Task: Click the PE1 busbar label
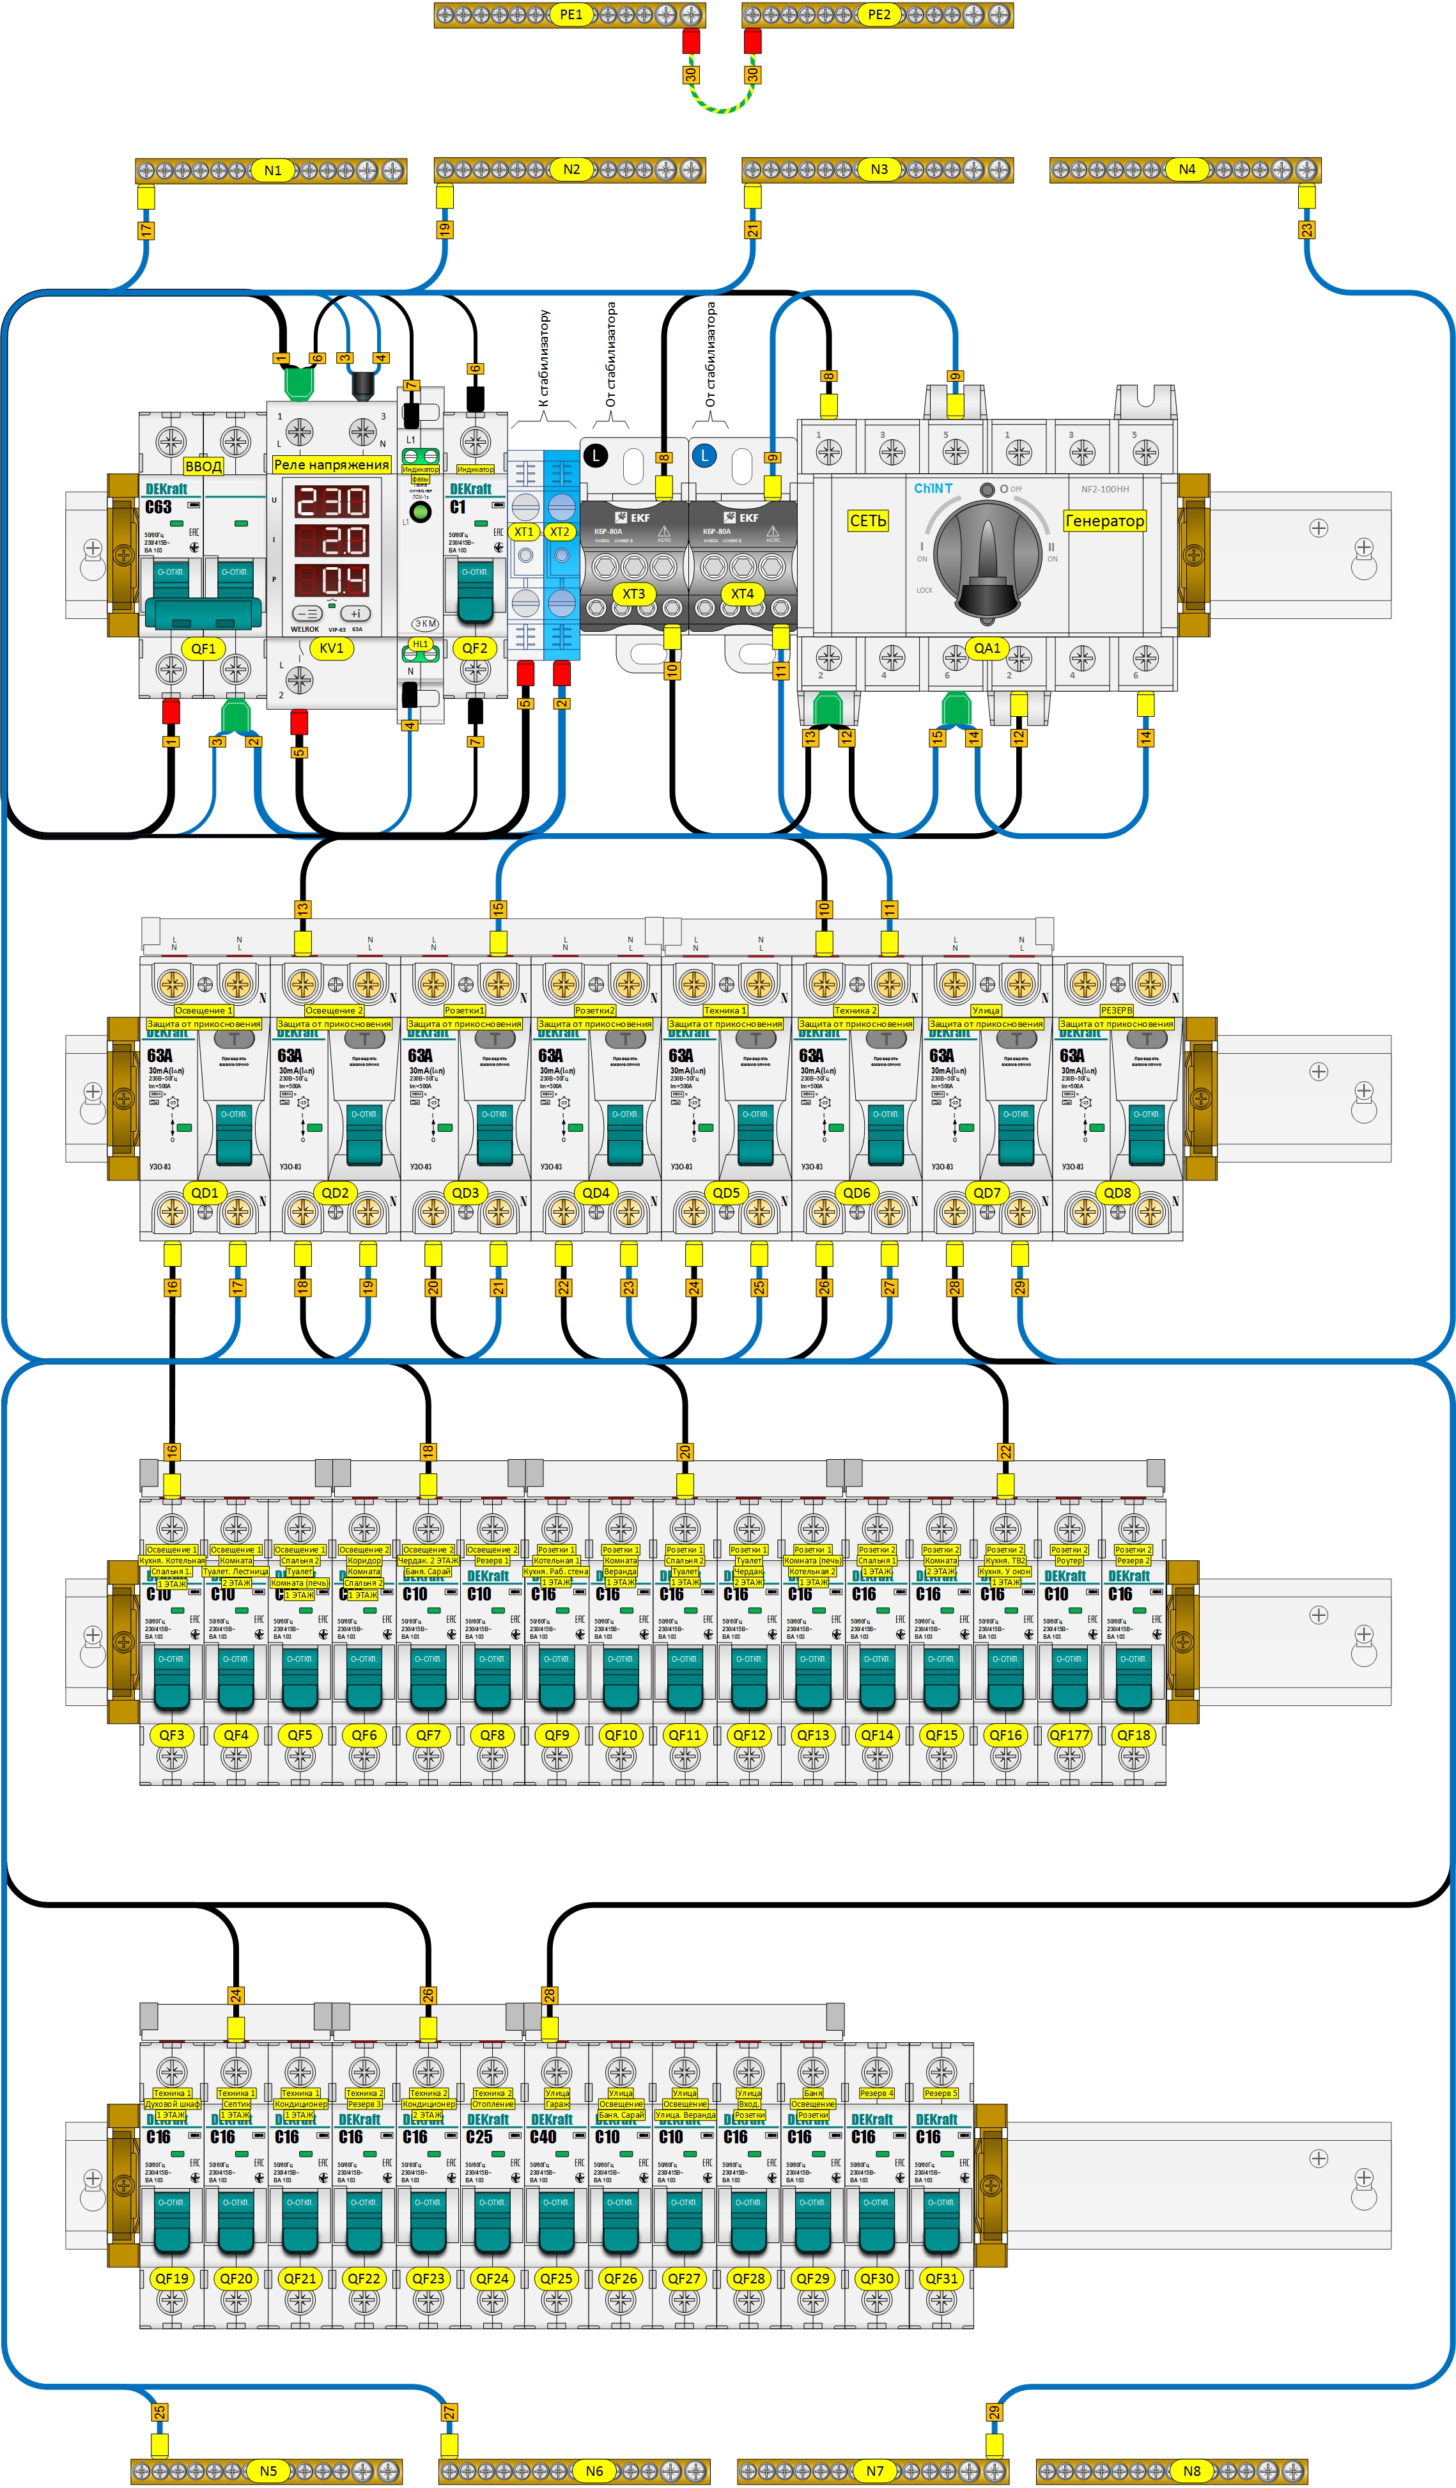coord(571,15)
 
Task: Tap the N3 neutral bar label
coord(879,170)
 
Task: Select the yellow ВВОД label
coord(203,466)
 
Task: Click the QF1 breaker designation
coord(203,648)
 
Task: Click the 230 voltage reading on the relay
coord(332,503)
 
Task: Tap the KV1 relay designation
coord(332,648)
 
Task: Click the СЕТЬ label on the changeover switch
coord(868,520)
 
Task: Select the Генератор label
coord(1104,520)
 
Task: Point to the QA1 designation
coord(987,648)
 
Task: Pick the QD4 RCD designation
coord(595,1193)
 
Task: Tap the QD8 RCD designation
coord(1117,1193)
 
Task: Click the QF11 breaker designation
coord(684,1735)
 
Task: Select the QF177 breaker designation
coord(1069,1735)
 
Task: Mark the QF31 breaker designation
coord(941,2279)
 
